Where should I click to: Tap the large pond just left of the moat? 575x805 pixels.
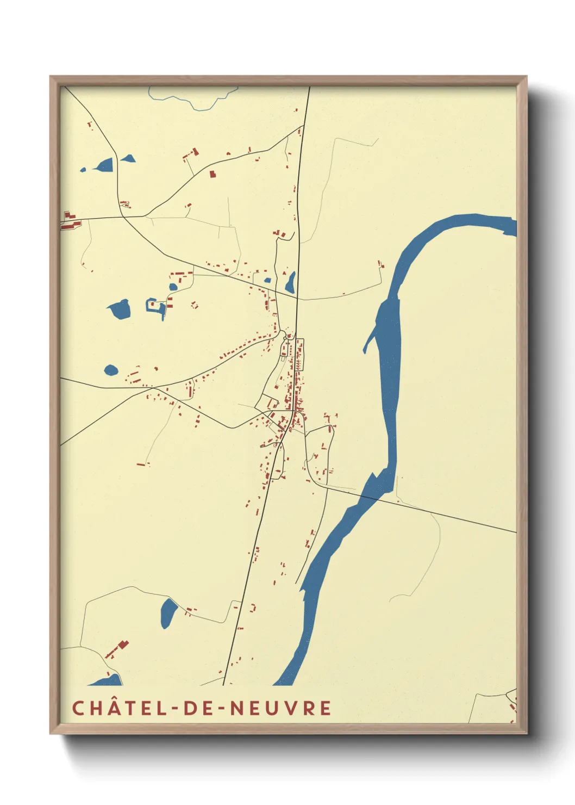tap(120, 309)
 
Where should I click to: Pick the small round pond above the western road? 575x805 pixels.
tap(111, 370)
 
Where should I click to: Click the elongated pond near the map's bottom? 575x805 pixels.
tap(168, 613)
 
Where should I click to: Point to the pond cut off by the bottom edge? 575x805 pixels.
tap(106, 680)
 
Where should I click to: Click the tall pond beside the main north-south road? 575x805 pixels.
tap(291, 283)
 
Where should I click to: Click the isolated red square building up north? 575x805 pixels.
tap(212, 174)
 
